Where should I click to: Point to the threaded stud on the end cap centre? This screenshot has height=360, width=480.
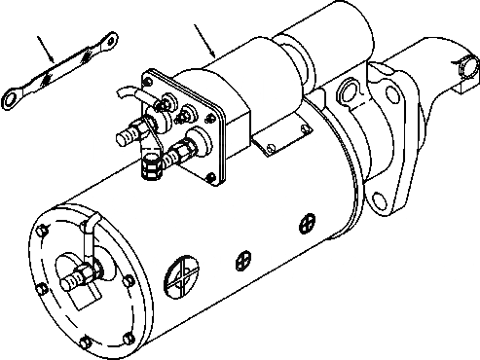[x=72, y=280]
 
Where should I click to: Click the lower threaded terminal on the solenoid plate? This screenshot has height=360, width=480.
[x=180, y=152]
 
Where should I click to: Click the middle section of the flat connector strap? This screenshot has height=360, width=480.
[x=62, y=71]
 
